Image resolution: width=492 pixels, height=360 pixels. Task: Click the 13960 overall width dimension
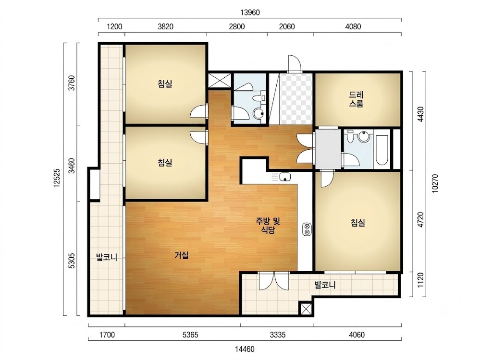(250, 12)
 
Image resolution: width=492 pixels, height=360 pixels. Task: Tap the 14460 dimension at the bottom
(245, 349)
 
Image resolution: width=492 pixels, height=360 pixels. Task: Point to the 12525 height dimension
(57, 178)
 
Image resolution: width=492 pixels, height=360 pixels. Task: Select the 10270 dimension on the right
(435, 183)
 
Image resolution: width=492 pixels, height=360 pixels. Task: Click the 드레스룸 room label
(356, 99)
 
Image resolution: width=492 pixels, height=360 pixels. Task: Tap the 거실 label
(181, 255)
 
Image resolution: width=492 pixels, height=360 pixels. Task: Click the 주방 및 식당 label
(268, 226)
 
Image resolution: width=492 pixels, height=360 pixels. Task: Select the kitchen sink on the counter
(285, 177)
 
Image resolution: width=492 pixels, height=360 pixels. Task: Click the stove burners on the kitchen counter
(307, 229)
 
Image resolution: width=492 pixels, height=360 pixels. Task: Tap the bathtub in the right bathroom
(381, 150)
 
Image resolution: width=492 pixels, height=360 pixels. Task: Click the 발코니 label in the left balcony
(107, 257)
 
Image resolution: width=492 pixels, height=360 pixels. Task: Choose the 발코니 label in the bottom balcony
(325, 285)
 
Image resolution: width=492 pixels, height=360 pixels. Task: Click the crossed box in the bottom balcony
(306, 309)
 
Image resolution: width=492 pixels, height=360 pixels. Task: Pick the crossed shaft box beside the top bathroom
(220, 80)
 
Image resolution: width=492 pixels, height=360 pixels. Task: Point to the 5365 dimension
(190, 335)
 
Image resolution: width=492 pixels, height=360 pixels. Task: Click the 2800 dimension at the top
(236, 27)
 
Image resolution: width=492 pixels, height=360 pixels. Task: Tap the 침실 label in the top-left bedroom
(165, 84)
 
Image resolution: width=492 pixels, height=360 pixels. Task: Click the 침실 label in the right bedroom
(357, 223)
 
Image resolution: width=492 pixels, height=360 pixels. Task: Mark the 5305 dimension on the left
(72, 261)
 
